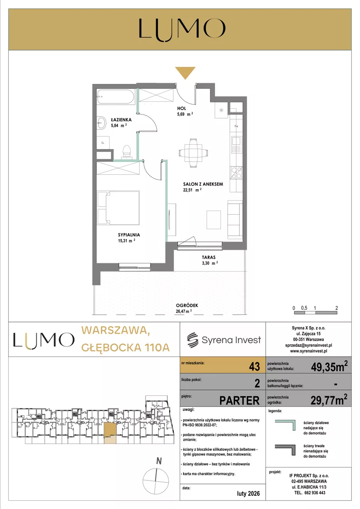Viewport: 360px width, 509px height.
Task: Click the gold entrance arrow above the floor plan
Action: (185, 72)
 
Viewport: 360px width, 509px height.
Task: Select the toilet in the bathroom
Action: (126, 152)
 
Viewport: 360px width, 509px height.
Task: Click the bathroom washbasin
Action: (101, 123)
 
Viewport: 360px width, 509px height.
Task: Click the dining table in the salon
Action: (193, 153)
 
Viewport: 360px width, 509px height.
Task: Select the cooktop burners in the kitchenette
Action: (236, 173)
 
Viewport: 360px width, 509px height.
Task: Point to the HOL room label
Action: (182, 108)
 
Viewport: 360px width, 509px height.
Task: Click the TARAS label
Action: (209, 257)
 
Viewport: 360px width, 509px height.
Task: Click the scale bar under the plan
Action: (315, 312)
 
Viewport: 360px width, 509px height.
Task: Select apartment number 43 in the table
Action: (254, 367)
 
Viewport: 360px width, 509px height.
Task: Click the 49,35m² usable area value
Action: (329, 366)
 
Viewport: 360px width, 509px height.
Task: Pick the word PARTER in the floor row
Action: (240, 401)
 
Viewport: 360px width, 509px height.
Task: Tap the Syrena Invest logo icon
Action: (192, 340)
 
